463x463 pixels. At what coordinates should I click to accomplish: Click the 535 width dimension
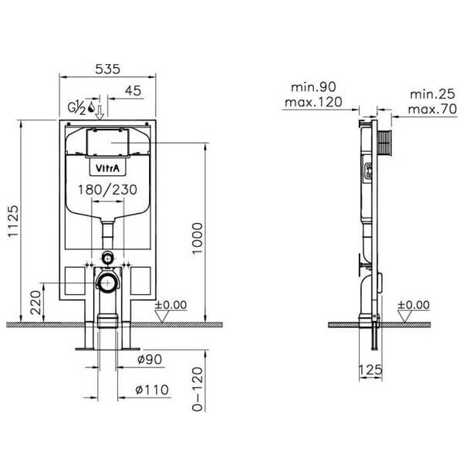pyautogui.click(x=108, y=69)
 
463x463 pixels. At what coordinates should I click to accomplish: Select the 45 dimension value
pyautogui.click(x=132, y=91)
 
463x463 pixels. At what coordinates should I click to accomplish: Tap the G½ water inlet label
pyautogui.click(x=76, y=106)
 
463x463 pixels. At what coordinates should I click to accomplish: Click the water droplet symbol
pyautogui.click(x=92, y=106)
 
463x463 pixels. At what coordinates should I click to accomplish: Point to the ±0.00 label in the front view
pyautogui.click(x=171, y=305)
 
